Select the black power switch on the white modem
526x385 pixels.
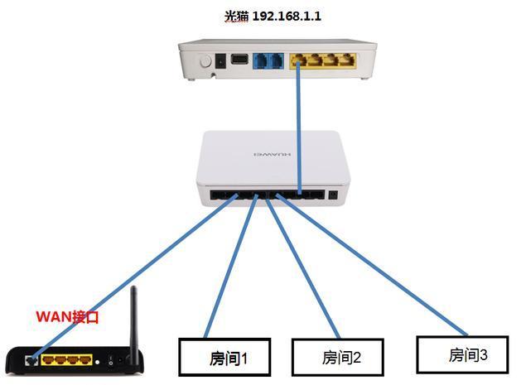click(x=220, y=61)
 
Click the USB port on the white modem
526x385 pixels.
click(x=239, y=60)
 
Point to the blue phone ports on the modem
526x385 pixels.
click(x=269, y=61)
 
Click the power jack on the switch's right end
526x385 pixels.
click(x=334, y=196)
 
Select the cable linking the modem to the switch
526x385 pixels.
click(x=299, y=124)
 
